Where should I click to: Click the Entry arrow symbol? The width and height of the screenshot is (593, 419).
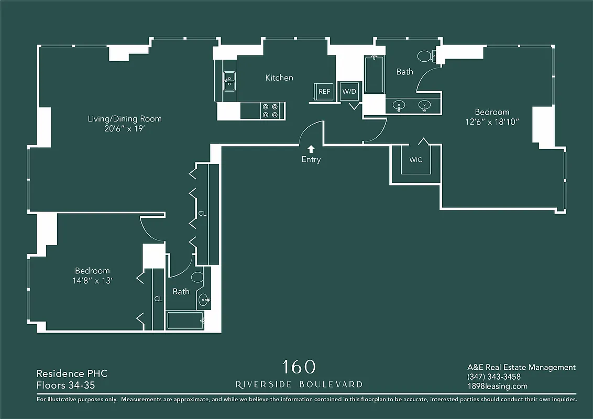(311, 149)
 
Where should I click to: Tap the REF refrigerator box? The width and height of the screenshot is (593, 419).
(324, 91)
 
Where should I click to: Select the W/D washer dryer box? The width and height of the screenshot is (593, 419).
(349, 92)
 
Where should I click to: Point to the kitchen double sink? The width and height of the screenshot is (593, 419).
(229, 81)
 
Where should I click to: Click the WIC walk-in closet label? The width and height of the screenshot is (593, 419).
(415, 160)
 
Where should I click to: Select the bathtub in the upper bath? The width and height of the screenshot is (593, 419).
(374, 74)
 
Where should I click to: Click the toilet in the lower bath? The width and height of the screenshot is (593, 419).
(198, 277)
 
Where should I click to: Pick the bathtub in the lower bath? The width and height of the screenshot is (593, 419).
(185, 321)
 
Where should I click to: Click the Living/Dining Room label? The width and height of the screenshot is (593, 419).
(125, 119)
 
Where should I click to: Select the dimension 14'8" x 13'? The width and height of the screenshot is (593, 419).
(92, 281)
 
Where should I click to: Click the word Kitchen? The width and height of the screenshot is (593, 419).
(279, 78)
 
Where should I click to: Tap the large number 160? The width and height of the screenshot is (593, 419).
(299, 366)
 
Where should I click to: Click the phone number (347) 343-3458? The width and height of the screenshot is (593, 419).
(494, 377)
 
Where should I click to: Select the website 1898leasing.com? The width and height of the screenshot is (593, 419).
(497, 387)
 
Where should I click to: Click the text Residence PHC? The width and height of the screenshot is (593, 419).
(72, 373)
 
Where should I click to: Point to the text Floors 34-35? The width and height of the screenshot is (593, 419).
(65, 385)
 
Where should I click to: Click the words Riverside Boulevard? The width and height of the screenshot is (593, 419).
(299, 384)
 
